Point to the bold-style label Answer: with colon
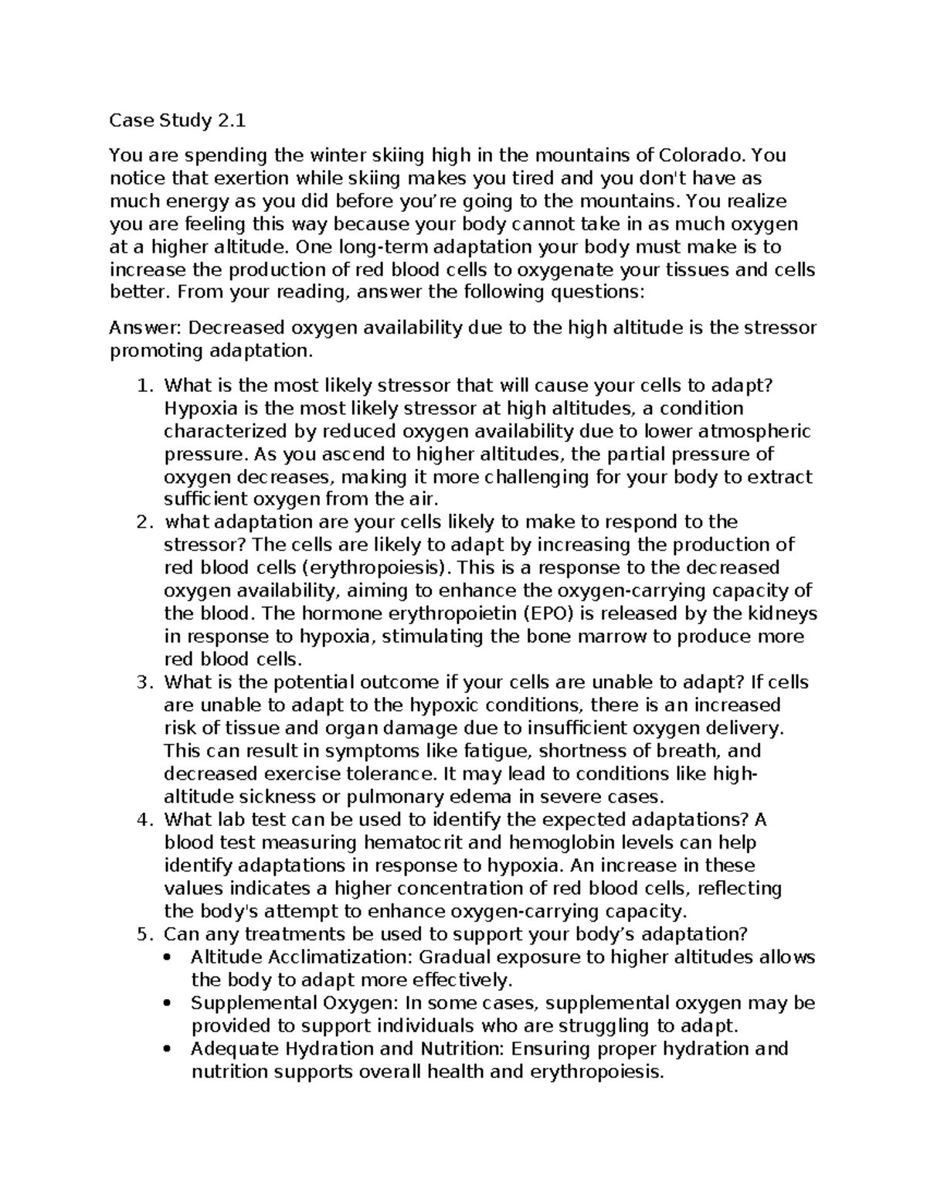[x=145, y=328]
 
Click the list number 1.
[x=144, y=385]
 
